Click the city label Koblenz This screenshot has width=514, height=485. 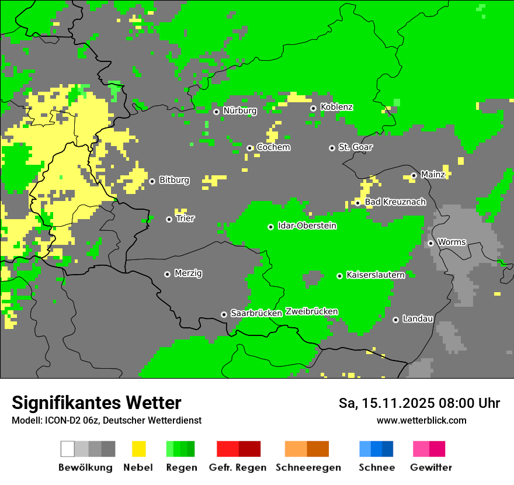[336, 107]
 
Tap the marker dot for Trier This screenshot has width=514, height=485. [169, 219]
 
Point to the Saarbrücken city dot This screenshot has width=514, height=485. [224, 314]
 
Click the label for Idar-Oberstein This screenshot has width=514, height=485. [307, 226]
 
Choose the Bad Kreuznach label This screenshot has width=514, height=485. [395, 202]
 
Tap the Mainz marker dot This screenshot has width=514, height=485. [414, 175]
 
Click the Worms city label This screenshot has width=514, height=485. [452, 242]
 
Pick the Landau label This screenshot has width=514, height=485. [418, 318]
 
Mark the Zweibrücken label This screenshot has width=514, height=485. [311, 311]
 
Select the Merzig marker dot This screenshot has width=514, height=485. [167, 274]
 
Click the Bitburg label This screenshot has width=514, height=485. [174, 180]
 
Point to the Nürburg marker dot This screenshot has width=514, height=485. [216, 112]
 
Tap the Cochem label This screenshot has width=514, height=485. [273, 147]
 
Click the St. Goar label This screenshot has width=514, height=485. [355, 147]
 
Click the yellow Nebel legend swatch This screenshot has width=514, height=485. [138, 449]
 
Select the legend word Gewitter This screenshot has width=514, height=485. [431, 467]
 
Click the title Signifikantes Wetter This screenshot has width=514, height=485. [96, 403]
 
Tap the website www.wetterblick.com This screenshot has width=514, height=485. [421, 421]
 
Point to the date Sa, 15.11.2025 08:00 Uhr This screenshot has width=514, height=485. [419, 403]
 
